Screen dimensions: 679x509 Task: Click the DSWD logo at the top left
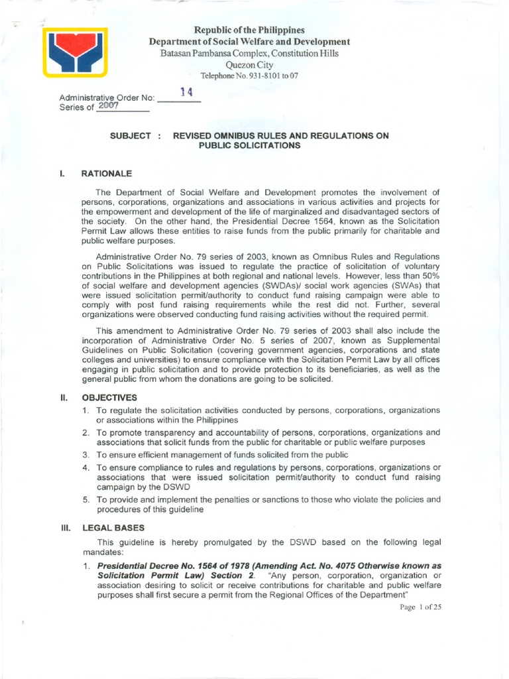point(75,52)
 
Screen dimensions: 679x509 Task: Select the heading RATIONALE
point(107,174)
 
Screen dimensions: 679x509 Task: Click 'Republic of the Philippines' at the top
point(249,31)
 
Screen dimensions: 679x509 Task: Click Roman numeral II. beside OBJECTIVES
point(64,398)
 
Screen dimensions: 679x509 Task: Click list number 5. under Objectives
point(86,499)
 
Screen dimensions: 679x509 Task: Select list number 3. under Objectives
point(86,454)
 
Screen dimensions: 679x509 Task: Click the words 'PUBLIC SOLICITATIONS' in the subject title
point(249,145)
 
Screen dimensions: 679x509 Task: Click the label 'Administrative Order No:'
point(107,98)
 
